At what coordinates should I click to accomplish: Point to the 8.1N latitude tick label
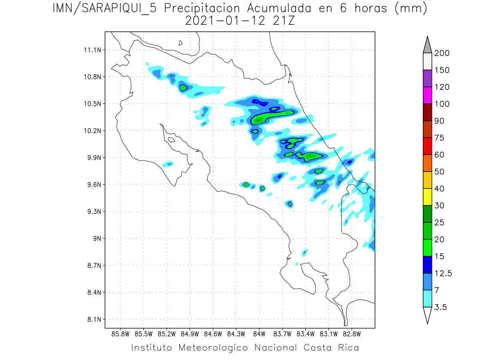click(x=93, y=320)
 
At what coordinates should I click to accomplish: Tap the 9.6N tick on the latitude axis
click(x=93, y=185)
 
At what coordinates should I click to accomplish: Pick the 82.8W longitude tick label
click(x=352, y=333)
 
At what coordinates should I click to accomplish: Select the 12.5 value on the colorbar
click(x=443, y=273)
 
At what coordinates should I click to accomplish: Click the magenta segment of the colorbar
click(x=427, y=96)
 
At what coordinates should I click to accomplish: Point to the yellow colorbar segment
click(x=427, y=197)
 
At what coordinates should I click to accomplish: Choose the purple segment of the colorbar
click(x=427, y=79)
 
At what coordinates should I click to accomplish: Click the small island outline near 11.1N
click(x=181, y=43)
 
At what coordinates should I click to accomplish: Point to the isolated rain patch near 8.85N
click(x=305, y=252)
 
